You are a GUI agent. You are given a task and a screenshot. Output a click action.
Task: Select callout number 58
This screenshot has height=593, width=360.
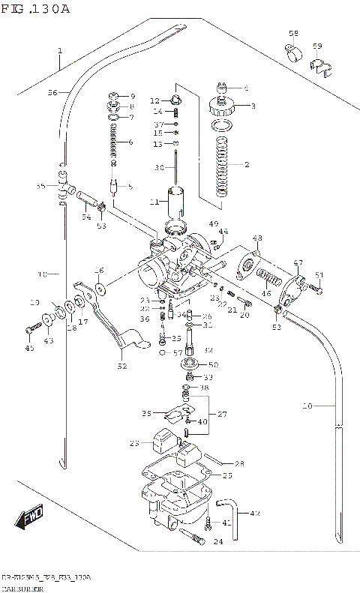pyautogui.click(x=293, y=34)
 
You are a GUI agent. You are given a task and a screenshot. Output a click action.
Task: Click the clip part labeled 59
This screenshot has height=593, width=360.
pyautogui.click(x=318, y=68)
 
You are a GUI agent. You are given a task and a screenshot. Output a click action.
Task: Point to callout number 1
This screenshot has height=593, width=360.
pyautogui.click(x=59, y=52)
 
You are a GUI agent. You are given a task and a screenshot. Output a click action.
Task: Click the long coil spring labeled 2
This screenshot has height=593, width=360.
pyautogui.click(x=222, y=166)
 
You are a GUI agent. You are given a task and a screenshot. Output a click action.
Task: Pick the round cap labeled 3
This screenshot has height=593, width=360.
pyautogui.click(x=223, y=106)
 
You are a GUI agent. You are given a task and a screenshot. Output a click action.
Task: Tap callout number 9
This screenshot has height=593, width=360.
pyautogui.click(x=132, y=97)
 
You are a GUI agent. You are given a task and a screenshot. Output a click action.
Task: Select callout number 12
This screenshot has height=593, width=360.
pyautogui.click(x=155, y=100)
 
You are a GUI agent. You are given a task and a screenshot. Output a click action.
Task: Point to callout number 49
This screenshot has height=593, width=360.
pyautogui.click(x=213, y=223)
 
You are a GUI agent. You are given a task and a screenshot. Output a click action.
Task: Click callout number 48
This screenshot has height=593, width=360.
pyautogui.click(x=257, y=238)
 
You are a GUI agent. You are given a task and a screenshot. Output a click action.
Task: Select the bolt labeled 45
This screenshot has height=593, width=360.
pyautogui.click(x=31, y=329)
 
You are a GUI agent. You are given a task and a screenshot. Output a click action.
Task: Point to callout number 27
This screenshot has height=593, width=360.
pyautogui.click(x=222, y=414)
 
